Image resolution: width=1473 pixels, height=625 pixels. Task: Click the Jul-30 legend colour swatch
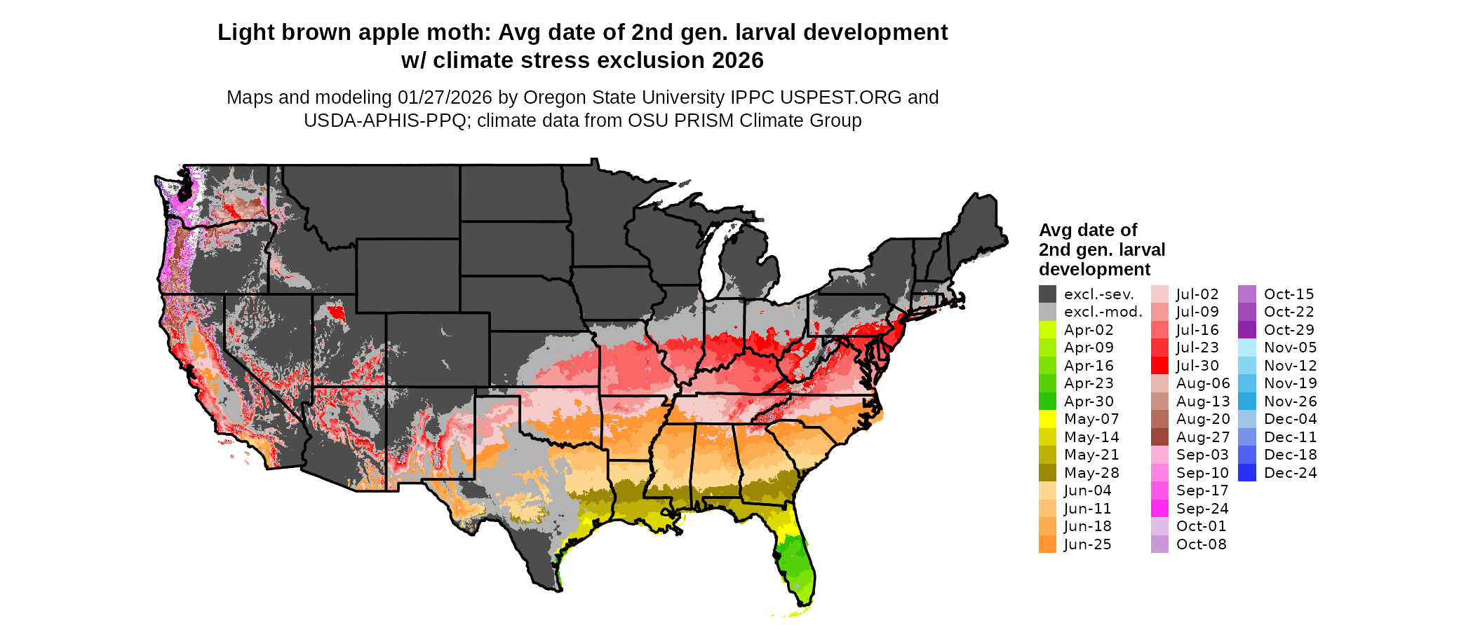click(1159, 366)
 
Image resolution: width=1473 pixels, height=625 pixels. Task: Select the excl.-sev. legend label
click(1098, 294)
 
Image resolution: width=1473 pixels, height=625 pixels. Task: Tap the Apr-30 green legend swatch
click(1047, 401)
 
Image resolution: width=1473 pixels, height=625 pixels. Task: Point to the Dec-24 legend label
click(1290, 473)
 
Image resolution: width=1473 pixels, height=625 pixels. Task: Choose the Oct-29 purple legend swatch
click(1247, 330)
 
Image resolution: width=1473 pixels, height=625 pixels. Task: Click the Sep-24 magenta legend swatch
click(1159, 509)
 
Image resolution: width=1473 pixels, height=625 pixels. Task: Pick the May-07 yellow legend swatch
click(1047, 419)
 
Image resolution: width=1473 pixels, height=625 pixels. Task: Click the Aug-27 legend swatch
click(1159, 437)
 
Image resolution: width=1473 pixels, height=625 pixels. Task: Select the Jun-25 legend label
click(1087, 544)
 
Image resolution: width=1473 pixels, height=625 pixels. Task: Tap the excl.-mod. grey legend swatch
click(1047, 312)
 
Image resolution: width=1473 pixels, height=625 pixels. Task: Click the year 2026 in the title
click(737, 61)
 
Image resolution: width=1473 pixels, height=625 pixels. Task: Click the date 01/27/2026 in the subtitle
click(445, 97)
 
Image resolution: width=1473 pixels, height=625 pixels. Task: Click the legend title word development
click(1094, 270)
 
